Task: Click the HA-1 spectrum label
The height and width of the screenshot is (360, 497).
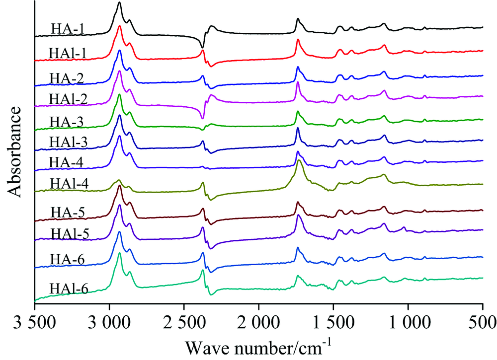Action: tap(66, 29)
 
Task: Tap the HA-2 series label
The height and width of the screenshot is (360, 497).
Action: tap(66, 77)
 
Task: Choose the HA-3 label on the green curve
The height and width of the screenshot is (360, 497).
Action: tap(66, 122)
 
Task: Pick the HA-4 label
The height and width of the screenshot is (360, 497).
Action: tap(66, 162)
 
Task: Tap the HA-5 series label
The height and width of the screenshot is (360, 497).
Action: tap(66, 214)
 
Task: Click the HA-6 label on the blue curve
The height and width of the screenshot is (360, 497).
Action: tap(66, 259)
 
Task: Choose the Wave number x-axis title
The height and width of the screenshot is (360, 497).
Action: tap(258, 344)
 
